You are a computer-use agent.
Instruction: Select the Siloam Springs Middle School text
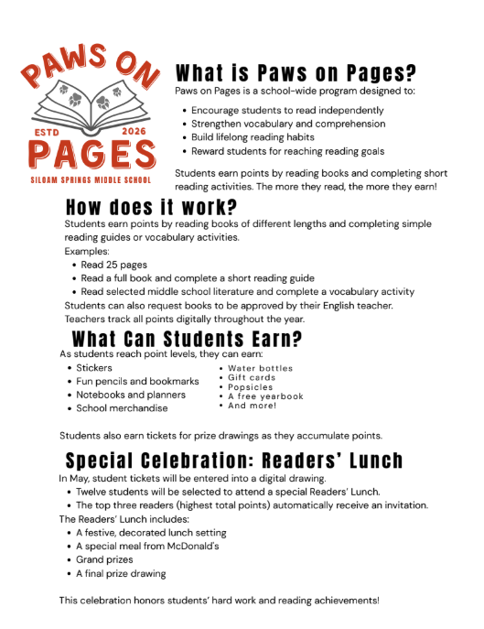click(x=91, y=179)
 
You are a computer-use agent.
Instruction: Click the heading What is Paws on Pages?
click(x=295, y=73)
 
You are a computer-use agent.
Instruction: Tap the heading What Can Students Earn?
click(x=187, y=340)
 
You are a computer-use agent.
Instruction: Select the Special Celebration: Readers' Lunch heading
click(x=234, y=460)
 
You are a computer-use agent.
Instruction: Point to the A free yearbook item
click(x=265, y=396)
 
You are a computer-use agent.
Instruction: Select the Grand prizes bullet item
click(x=104, y=559)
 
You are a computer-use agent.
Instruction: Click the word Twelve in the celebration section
click(x=93, y=492)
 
